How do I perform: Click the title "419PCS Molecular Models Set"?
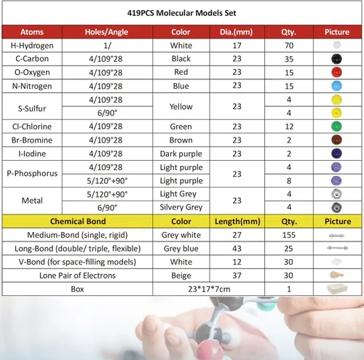click(182, 13)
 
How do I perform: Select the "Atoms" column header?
click(33, 33)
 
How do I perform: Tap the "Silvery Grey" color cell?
click(181, 207)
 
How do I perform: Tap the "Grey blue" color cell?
click(181, 248)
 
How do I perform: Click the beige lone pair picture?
click(336, 275)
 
